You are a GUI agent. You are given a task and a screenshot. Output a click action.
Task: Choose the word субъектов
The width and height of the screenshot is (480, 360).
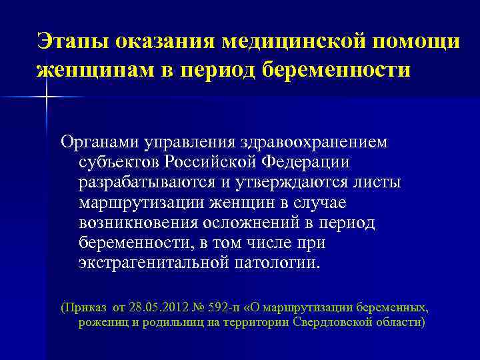[x=119, y=162]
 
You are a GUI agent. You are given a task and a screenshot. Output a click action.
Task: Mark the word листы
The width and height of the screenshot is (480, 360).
[x=380, y=182]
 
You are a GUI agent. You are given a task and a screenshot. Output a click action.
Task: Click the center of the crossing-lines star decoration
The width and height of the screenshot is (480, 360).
[x=47, y=97]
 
